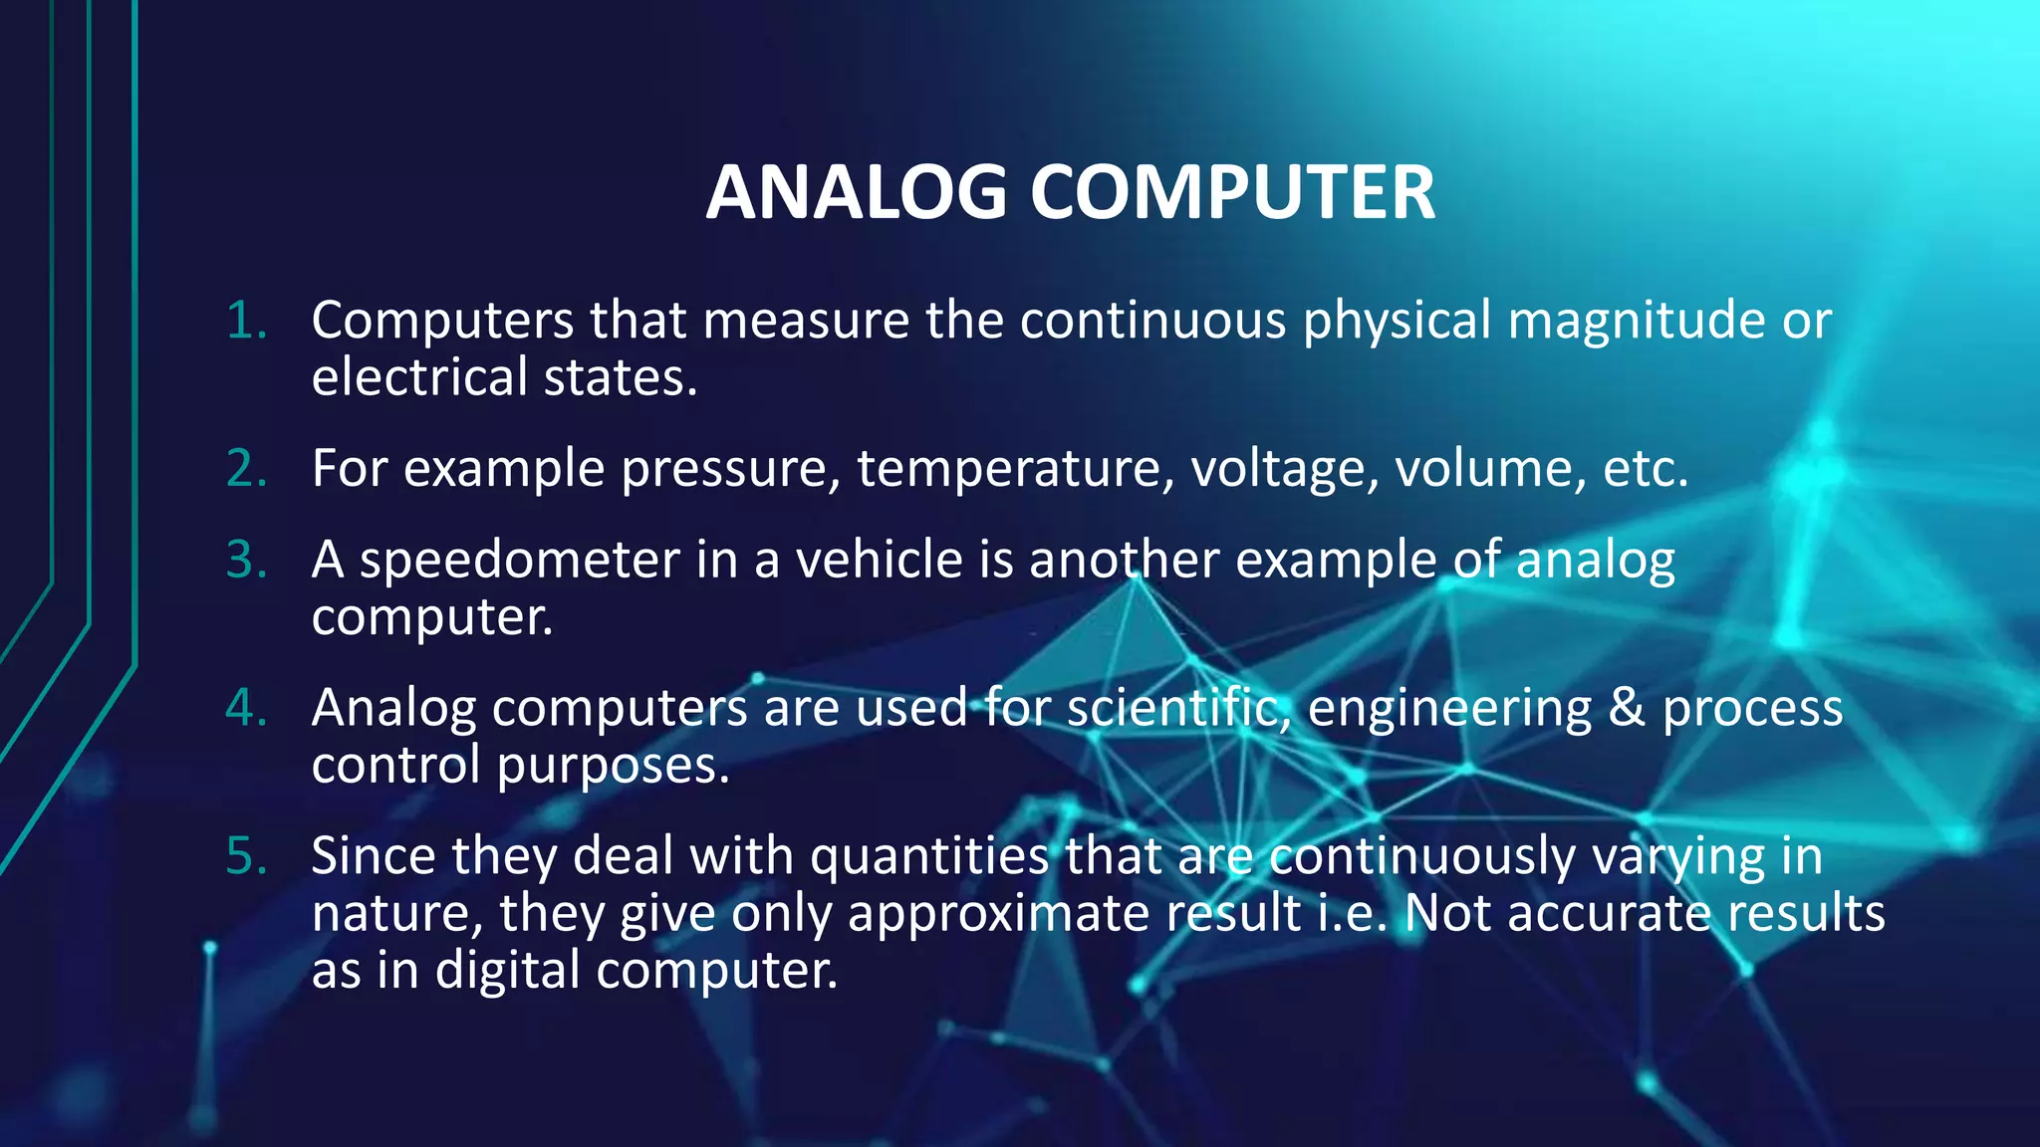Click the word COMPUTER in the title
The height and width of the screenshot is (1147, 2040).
point(1232,192)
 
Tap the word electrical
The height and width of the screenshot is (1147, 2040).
point(419,377)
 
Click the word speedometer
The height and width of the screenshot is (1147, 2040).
point(519,561)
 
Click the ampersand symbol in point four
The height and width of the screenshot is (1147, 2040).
point(1627,708)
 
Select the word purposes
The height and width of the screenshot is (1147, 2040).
point(613,766)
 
